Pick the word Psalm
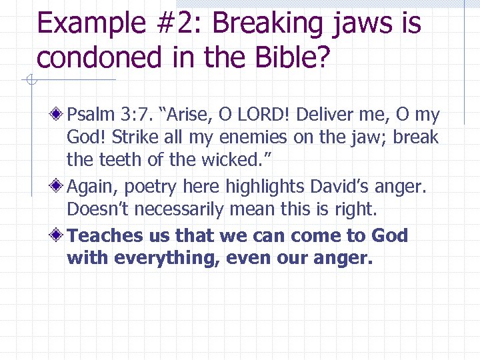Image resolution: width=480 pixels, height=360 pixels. [x=91, y=115]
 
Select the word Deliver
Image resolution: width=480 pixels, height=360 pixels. [x=325, y=115]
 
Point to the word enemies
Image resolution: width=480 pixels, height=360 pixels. [x=251, y=138]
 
